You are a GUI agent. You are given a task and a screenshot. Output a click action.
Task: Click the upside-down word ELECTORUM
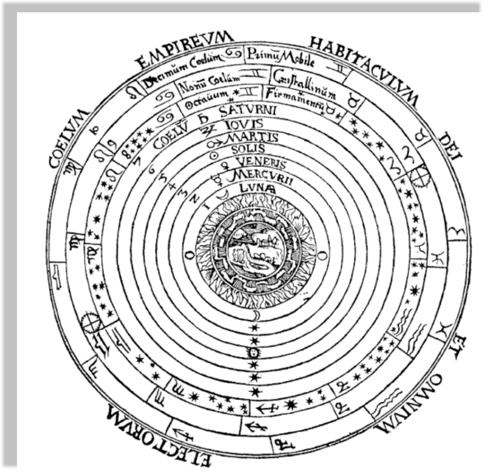pos(157,433)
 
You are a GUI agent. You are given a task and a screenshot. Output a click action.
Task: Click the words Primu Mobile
pos(284,56)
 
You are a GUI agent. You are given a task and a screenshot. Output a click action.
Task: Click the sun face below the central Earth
pos(255,353)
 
